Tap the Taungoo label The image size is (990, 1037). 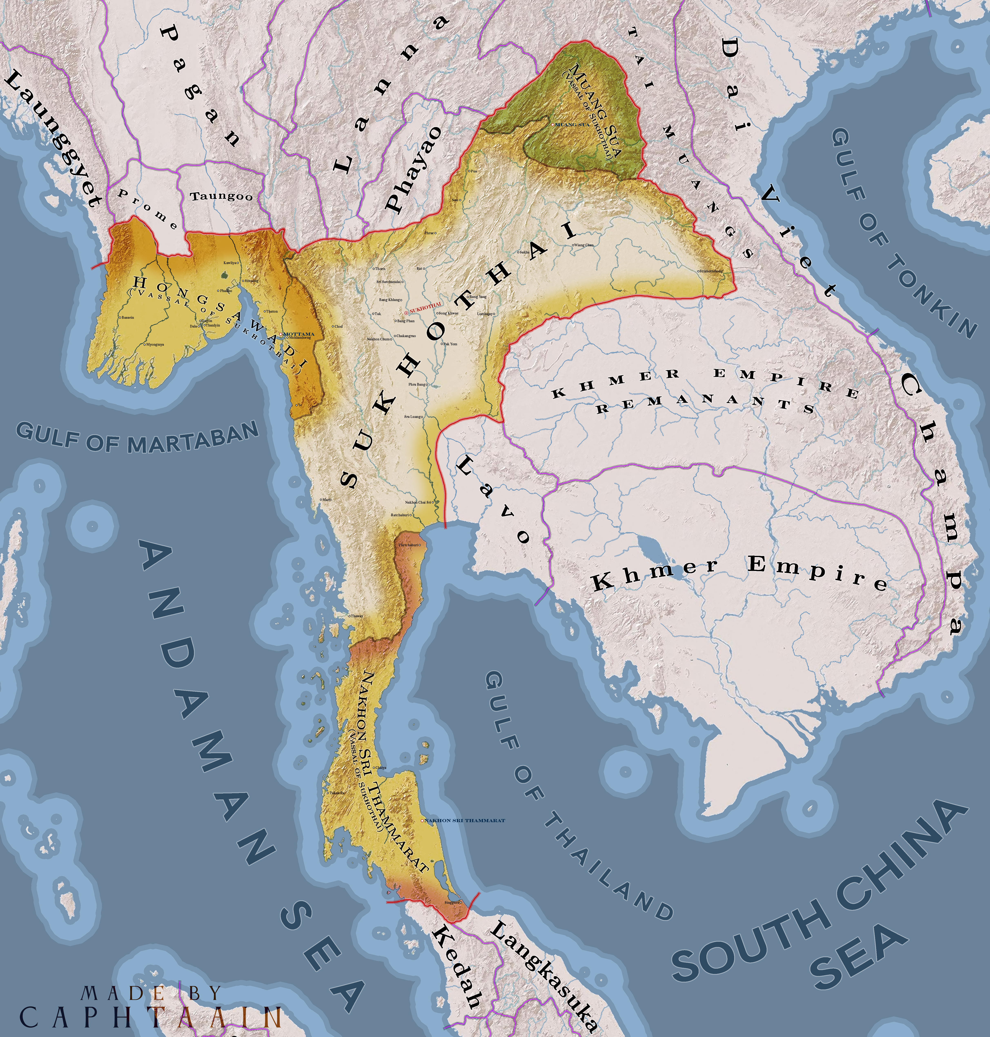coord(221,197)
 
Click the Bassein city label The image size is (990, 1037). coord(127,318)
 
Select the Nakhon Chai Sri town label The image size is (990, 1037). coord(419,502)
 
